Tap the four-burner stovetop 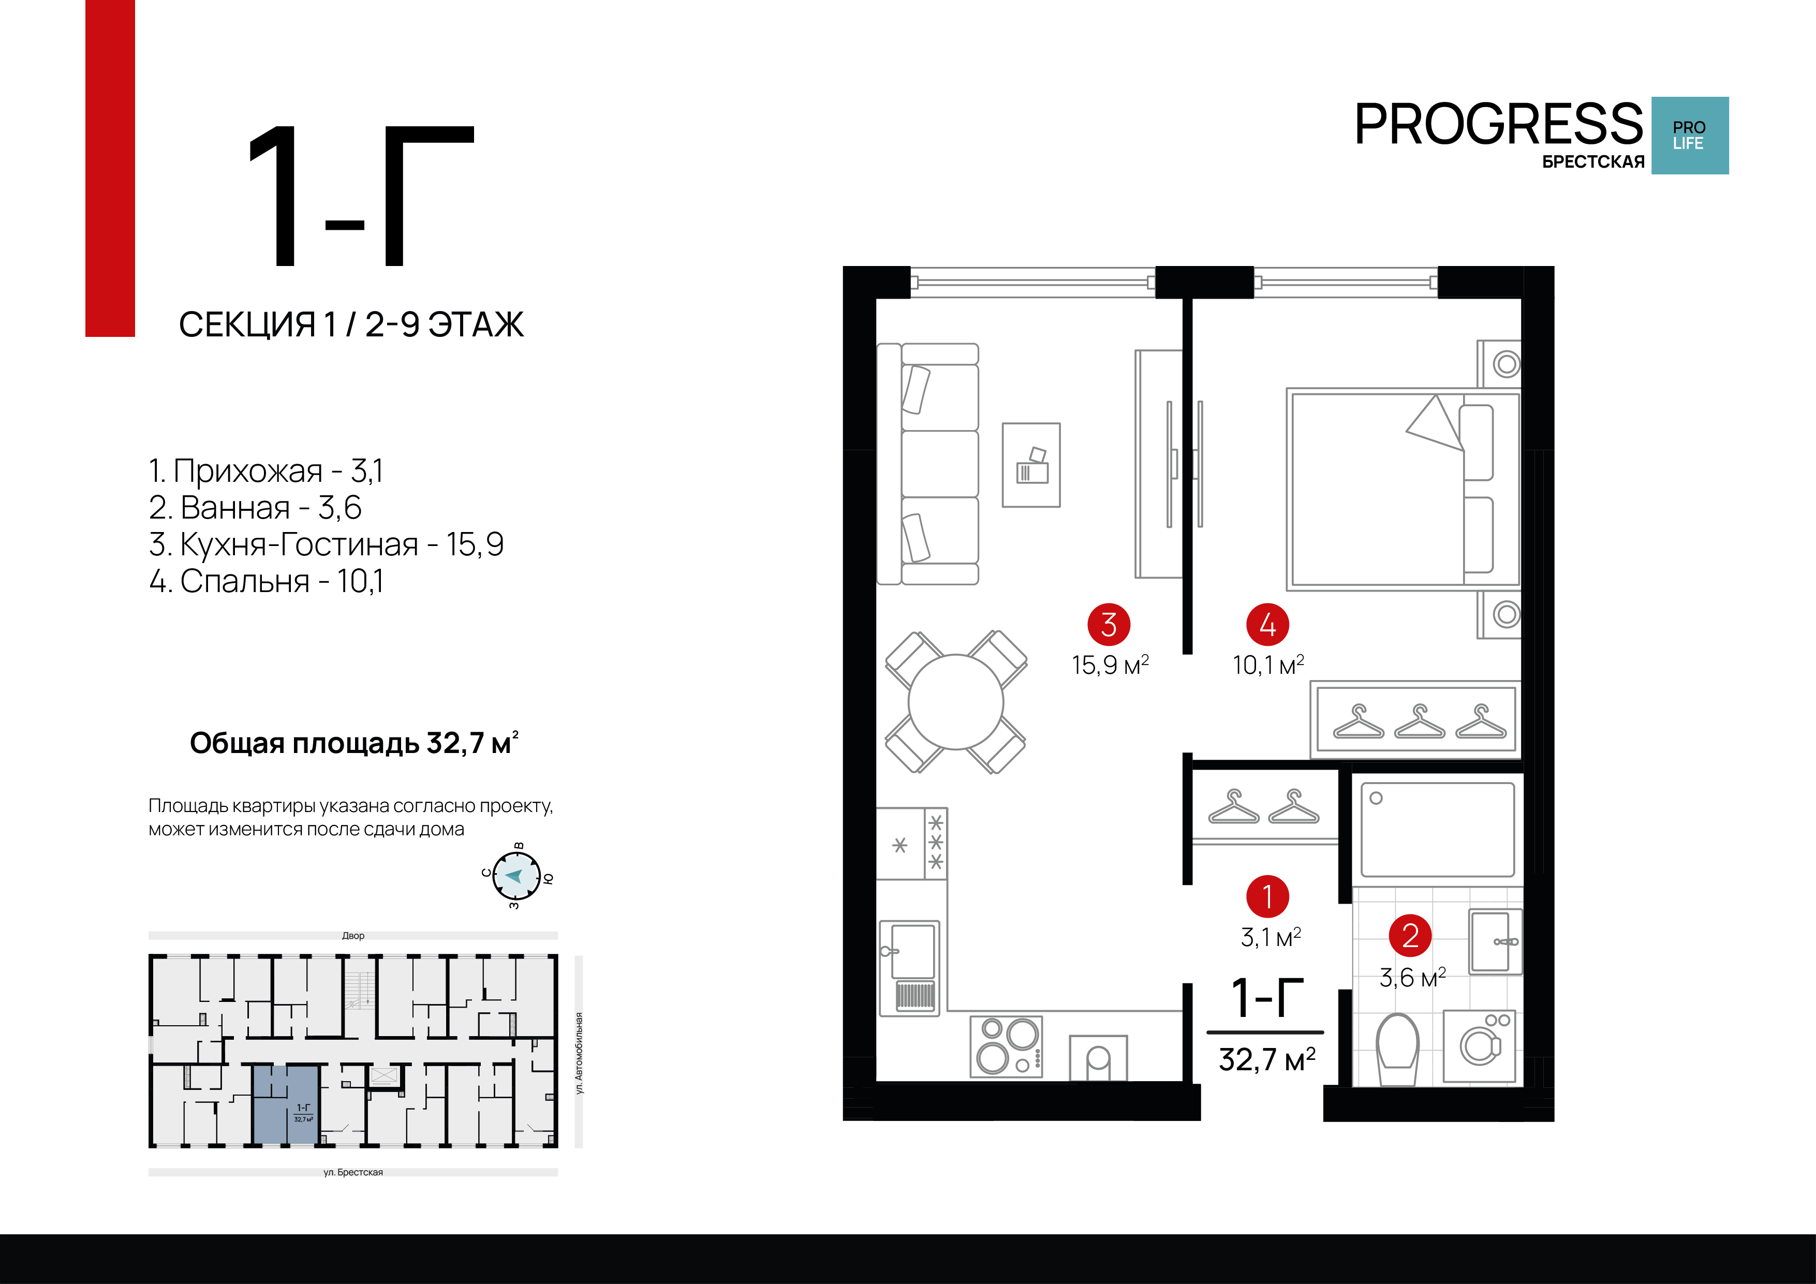[x=1006, y=1046]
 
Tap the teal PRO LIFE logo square [x=1689, y=135]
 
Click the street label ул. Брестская [x=353, y=1172]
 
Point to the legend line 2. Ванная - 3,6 [x=255, y=507]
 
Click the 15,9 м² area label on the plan [x=1110, y=665]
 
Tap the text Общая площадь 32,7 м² [x=353, y=743]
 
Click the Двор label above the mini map [x=353, y=935]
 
